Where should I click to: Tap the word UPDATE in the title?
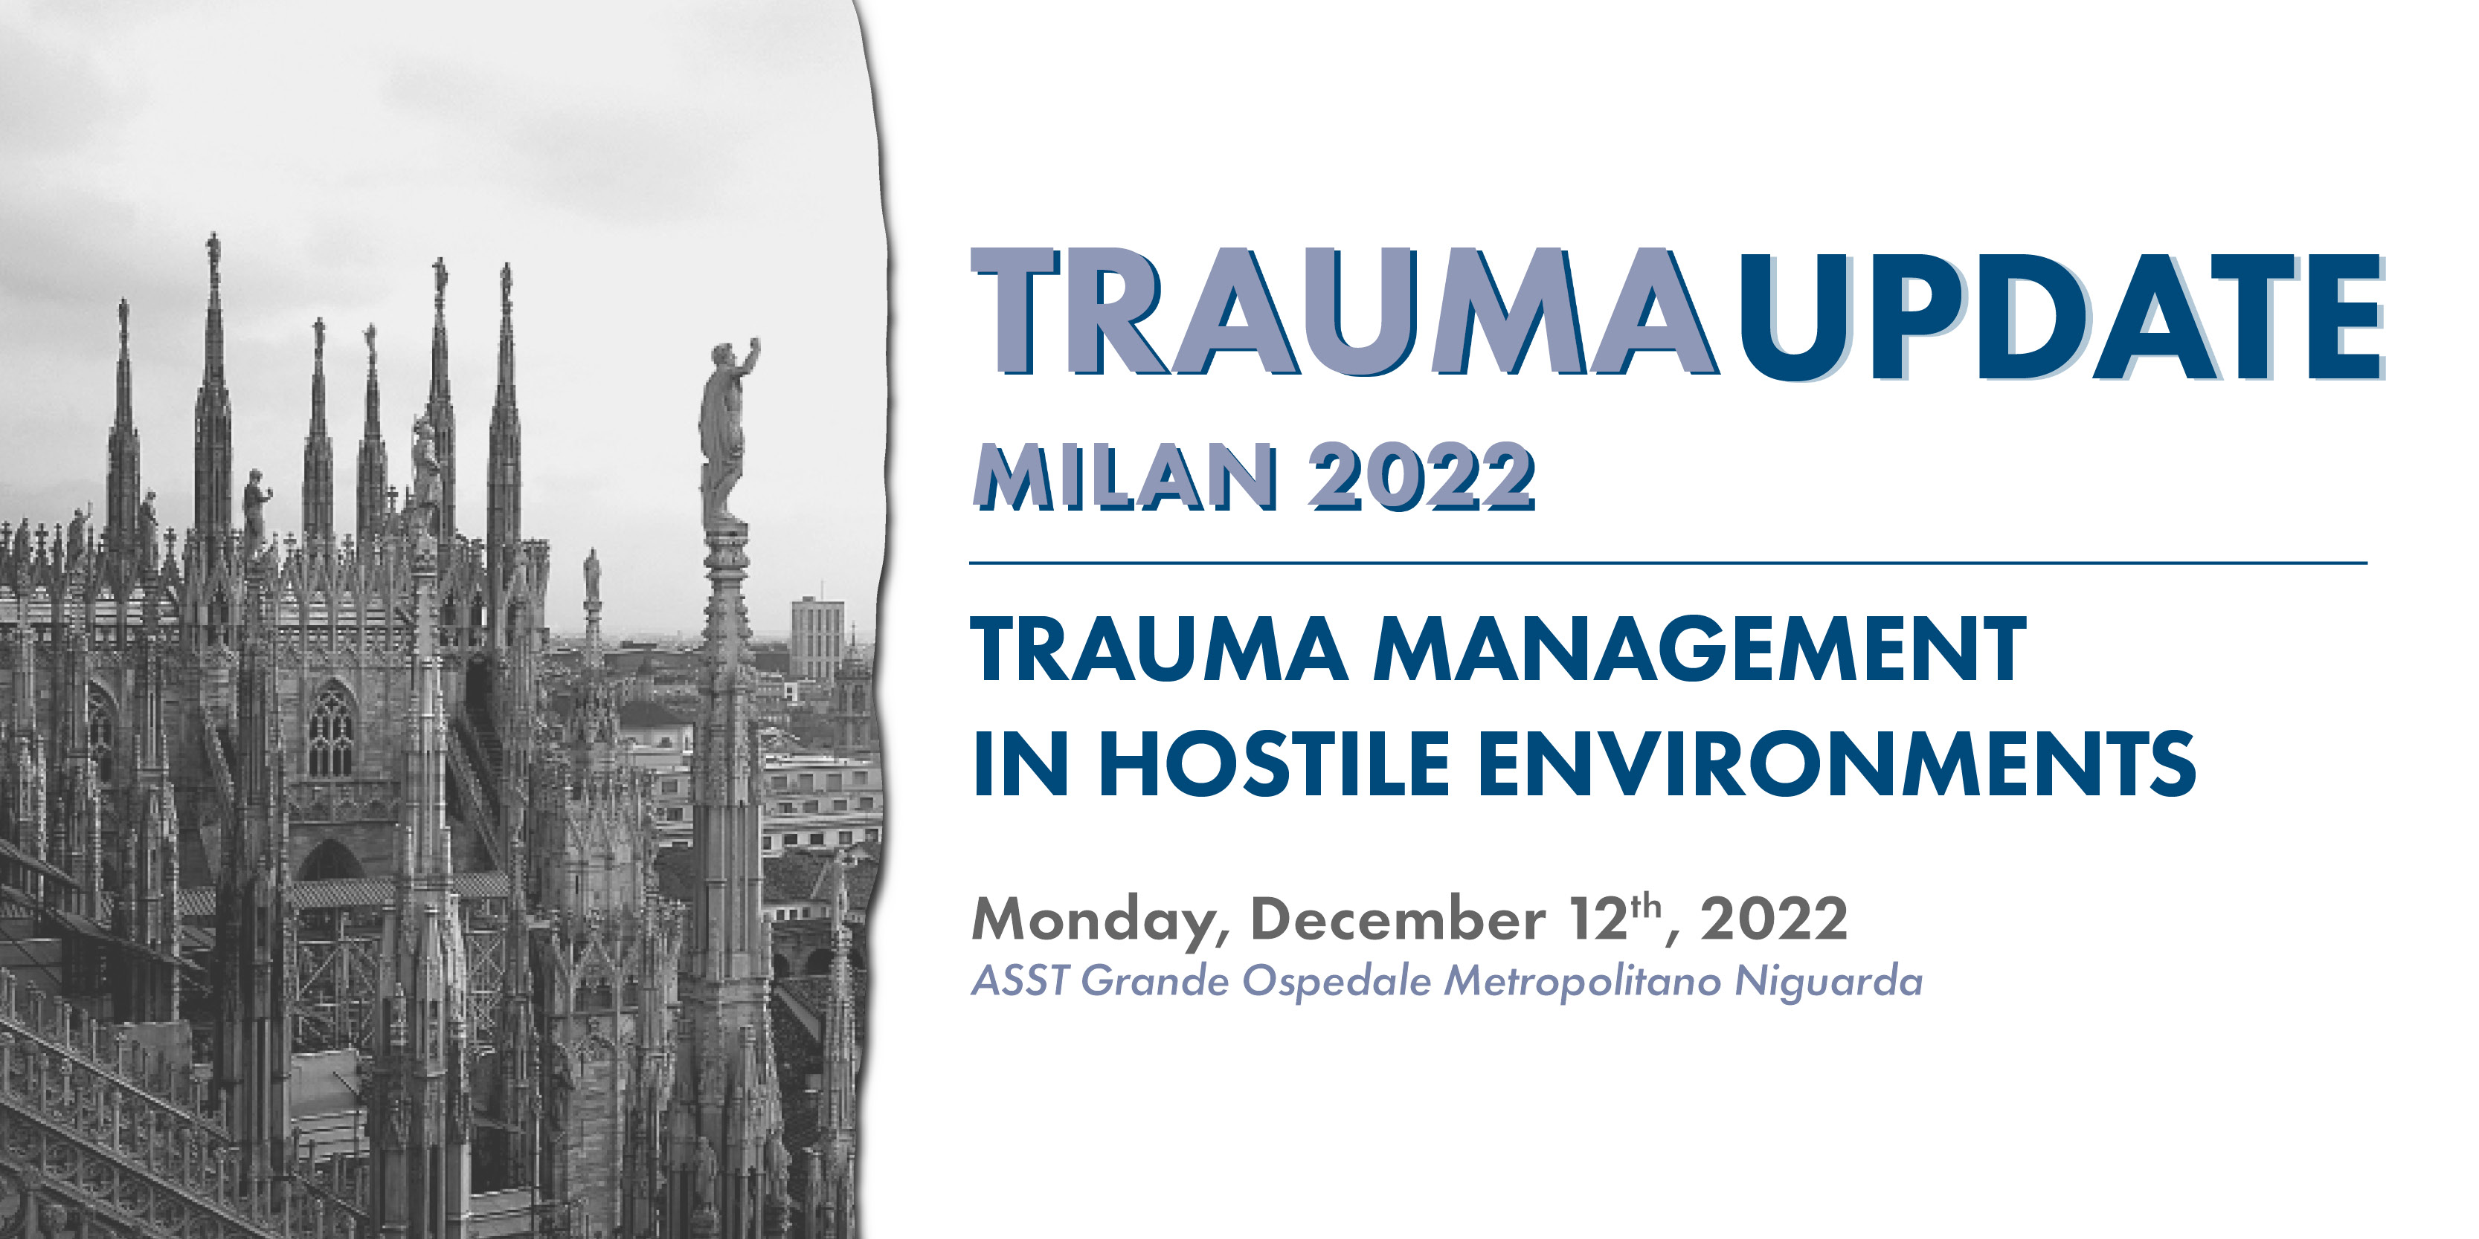(x=2060, y=317)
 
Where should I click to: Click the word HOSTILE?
(x=1275, y=763)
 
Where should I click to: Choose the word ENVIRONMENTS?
(x=1836, y=763)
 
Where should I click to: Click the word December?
(x=1398, y=919)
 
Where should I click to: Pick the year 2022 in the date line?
(x=1774, y=919)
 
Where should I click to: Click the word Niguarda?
(x=1827, y=982)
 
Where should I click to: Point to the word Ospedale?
(x=1336, y=982)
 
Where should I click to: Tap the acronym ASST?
(x=1019, y=981)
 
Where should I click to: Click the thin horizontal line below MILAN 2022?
(x=1668, y=563)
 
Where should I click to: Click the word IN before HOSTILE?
(x=1021, y=763)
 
